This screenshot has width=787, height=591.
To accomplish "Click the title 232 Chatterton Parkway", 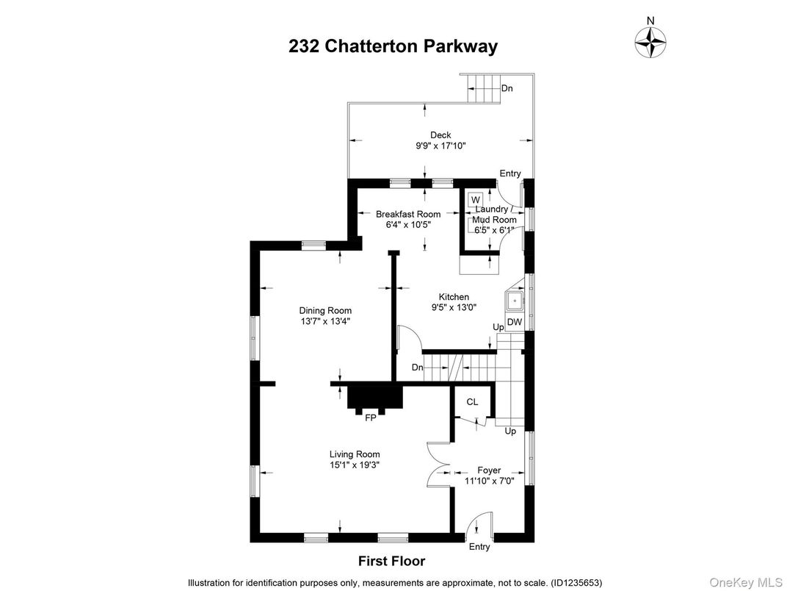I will [393, 46].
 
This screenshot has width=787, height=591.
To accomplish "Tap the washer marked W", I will [476, 199].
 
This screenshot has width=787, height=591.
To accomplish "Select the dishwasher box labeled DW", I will [515, 322].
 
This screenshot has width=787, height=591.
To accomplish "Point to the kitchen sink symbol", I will [515, 301].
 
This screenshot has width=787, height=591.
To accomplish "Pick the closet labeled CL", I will [472, 401].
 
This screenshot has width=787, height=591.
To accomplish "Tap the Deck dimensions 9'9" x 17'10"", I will [440, 146].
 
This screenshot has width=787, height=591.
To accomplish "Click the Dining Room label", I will [325, 310].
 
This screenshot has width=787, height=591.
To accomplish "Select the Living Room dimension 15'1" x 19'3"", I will [355, 465].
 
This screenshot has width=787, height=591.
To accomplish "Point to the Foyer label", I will [489, 470].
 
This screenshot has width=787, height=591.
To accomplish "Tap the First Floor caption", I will [391, 561].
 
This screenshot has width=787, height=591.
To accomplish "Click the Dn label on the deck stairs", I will [507, 88].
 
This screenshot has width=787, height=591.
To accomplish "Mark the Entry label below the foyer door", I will [479, 547].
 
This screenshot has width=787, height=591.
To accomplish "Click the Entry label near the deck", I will [510, 173].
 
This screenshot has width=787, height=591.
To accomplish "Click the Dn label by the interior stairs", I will [417, 367].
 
